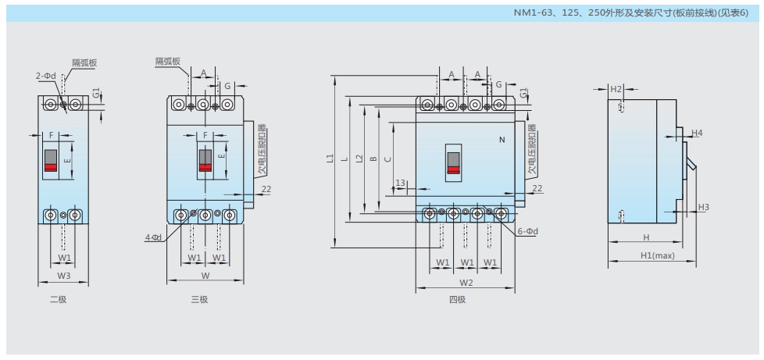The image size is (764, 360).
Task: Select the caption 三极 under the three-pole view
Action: [200, 300]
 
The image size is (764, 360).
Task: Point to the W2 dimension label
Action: [466, 282]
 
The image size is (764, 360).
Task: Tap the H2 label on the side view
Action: [616, 90]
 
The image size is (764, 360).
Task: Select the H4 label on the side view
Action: [697, 134]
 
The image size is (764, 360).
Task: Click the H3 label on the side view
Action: [703, 207]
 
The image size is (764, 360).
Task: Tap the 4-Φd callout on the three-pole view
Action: [153, 237]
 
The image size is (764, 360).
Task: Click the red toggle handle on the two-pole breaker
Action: [50, 166]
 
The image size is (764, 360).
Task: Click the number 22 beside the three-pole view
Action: [266, 188]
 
